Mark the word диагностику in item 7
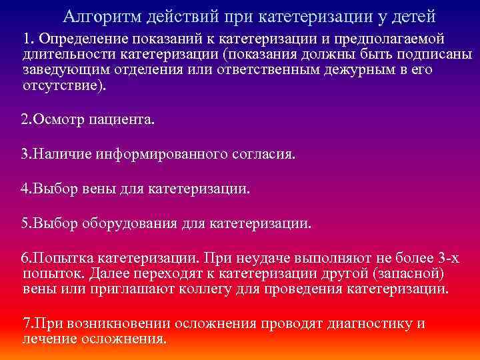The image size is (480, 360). point(369,324)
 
